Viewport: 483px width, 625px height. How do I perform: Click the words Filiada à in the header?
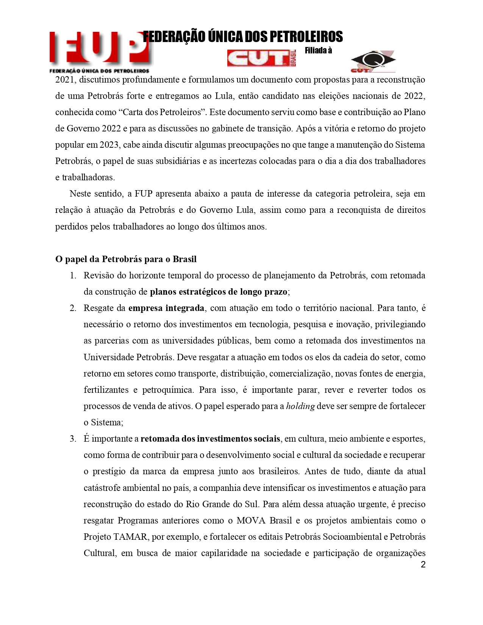coord(318,50)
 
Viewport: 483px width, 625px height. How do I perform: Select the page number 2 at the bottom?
coord(423,565)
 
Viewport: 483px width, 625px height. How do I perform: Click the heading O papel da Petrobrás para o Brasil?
coord(126,259)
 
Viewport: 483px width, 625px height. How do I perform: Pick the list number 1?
coord(73,275)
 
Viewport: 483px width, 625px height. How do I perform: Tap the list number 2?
coord(73,308)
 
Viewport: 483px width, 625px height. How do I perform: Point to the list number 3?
coord(73,439)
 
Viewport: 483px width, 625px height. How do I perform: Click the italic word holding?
coord(300,406)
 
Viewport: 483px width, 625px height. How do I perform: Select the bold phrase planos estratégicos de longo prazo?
coord(219,292)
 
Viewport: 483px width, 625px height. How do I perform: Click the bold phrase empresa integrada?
coord(166,308)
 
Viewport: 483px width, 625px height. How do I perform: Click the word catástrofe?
coord(101,488)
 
